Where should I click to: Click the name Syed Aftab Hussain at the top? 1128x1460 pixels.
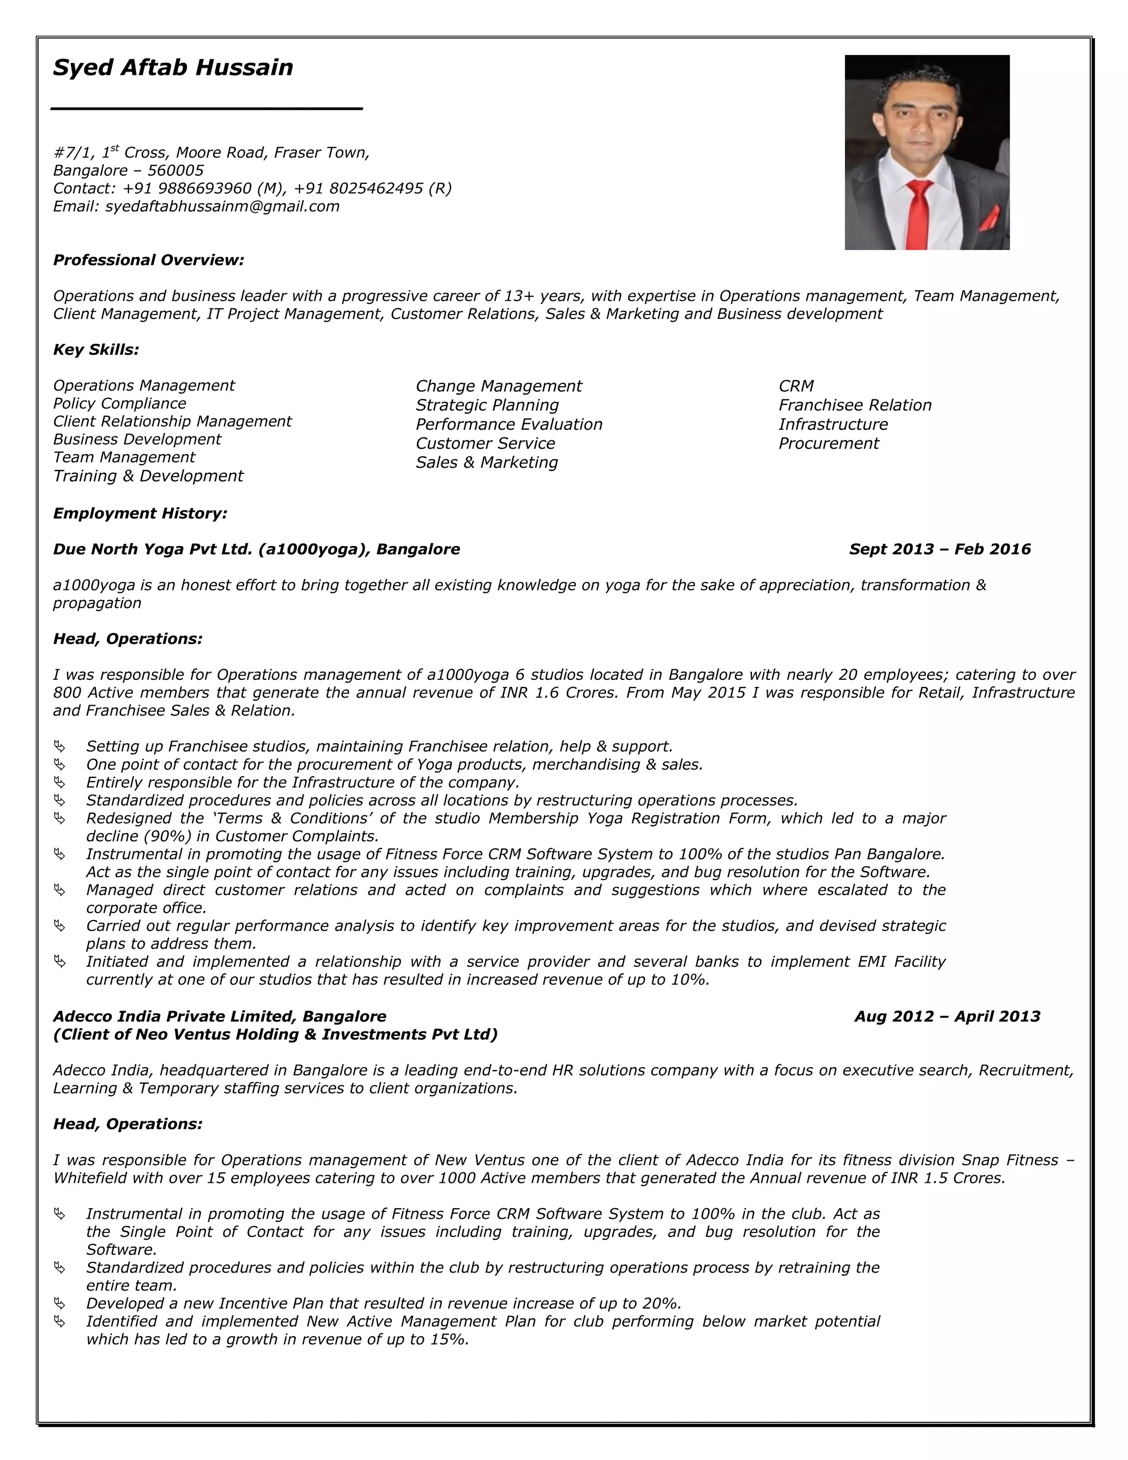point(173,68)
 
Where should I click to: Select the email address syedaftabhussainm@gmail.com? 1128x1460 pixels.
point(223,207)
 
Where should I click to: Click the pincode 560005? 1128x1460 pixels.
point(176,170)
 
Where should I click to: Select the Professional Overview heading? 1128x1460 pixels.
point(148,260)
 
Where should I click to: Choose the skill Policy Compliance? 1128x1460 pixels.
point(120,404)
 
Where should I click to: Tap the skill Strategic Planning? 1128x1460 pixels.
point(487,405)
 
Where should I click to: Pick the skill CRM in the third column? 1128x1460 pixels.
point(796,386)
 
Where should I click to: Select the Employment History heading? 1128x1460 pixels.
point(140,513)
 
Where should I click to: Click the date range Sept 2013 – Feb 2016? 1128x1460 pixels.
point(940,549)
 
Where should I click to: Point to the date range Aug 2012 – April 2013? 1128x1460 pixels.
point(947,1017)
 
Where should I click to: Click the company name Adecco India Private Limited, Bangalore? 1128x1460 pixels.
point(219,1017)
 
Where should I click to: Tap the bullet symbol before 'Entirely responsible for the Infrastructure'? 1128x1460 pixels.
point(60,782)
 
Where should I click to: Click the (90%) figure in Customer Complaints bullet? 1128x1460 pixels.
point(138,836)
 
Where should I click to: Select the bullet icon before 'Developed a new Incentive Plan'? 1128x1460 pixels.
point(60,1304)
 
